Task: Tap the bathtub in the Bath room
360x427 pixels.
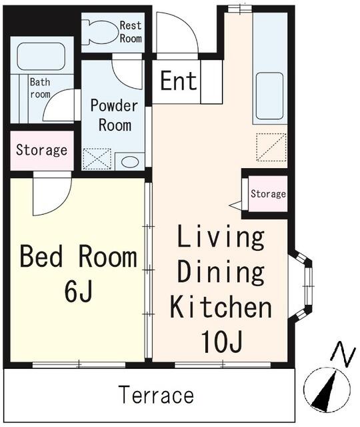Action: (41, 56)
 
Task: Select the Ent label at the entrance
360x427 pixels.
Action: (179, 81)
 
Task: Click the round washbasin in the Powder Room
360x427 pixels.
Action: (130, 162)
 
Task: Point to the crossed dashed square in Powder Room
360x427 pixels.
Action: (97, 159)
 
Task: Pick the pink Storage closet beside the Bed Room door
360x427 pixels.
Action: (42, 151)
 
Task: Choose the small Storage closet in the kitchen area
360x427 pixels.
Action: (268, 193)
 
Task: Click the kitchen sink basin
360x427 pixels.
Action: (269, 96)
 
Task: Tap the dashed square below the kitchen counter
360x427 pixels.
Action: (271, 147)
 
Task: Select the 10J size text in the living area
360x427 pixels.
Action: (221, 342)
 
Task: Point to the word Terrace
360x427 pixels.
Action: (157, 395)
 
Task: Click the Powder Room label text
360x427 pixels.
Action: (114, 115)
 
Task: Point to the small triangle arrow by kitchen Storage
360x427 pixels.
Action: (235, 205)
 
